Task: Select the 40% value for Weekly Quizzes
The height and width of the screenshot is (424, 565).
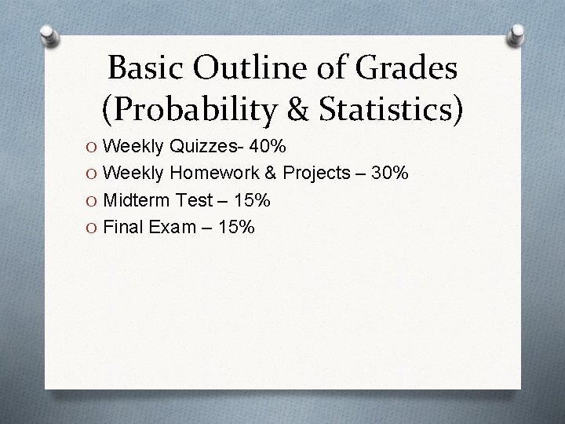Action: tap(268, 147)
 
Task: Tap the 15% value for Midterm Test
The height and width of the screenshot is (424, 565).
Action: tap(251, 200)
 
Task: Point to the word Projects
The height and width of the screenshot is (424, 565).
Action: tap(316, 173)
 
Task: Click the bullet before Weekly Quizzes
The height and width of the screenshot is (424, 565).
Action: tap(93, 148)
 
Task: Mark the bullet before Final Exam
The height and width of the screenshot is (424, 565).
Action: tap(93, 228)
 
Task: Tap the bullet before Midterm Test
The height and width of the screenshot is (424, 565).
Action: tap(93, 201)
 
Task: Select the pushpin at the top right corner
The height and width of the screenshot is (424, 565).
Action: tap(518, 34)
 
